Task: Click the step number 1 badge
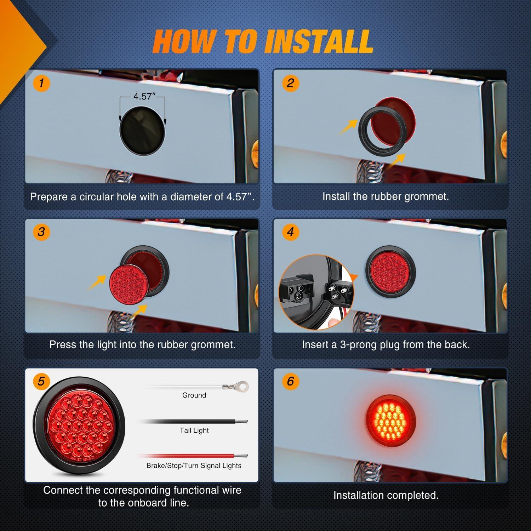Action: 41,83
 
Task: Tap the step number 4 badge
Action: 290,232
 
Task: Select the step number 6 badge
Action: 290,381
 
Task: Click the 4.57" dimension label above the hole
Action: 143,96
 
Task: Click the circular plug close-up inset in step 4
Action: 313,291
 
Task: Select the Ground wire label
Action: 194,395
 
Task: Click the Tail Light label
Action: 194,430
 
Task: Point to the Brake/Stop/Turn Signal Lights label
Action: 194,466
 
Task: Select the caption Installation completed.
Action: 386,495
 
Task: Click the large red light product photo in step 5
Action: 79,425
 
